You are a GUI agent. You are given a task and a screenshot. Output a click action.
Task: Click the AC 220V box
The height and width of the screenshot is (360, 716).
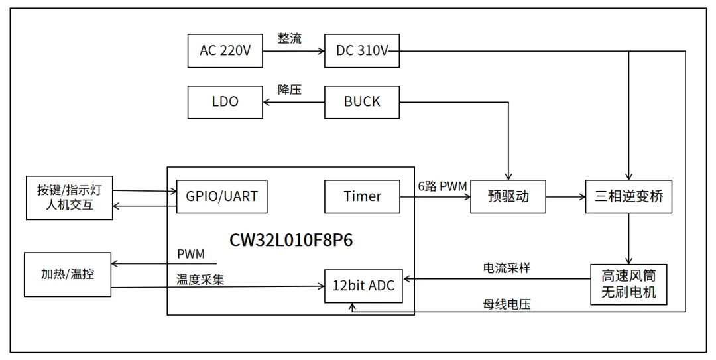225,50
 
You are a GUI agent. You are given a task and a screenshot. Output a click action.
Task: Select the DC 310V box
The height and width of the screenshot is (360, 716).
362,50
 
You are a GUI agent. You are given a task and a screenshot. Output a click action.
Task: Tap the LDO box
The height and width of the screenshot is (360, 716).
225,102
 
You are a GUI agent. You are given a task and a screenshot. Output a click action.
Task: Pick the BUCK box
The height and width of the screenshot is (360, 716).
362,102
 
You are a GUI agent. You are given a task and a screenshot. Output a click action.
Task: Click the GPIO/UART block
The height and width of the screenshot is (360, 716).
221,196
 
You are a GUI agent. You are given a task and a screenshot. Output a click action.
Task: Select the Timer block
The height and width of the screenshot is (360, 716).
362,196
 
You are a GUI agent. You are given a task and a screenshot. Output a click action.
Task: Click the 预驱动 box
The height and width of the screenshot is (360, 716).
508,196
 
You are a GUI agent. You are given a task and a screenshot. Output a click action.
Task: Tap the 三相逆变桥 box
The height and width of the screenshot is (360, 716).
628,196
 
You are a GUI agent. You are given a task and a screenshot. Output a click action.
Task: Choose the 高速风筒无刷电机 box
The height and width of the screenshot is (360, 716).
628,284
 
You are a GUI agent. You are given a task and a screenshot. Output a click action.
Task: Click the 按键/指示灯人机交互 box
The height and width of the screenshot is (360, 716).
69,198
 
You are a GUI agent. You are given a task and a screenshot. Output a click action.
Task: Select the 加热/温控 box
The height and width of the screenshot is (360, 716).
67,274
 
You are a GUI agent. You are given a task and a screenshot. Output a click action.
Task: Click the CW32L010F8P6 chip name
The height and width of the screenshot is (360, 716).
291,240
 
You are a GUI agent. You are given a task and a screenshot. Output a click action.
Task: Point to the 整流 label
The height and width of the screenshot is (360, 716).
289,38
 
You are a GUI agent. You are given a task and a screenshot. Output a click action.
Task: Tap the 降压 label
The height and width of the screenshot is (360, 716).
289,90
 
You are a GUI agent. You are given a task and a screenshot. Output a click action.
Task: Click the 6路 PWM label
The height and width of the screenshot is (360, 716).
442,186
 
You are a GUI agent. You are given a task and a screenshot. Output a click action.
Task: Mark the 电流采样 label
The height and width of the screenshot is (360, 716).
507,268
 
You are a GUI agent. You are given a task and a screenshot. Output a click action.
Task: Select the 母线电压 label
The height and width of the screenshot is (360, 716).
507,304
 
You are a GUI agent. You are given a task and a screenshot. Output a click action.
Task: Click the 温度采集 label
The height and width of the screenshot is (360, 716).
200,279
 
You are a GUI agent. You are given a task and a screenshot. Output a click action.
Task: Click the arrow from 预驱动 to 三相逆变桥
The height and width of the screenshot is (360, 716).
566,196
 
